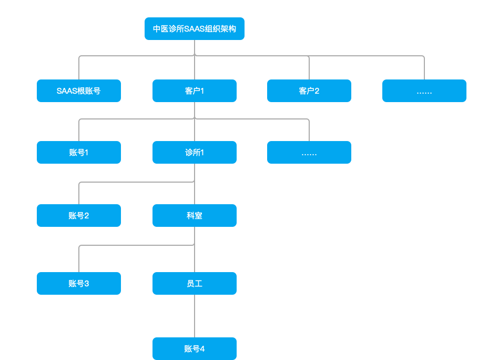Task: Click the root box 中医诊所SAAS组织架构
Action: click(195, 29)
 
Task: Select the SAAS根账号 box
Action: click(79, 91)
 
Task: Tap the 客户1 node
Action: click(195, 91)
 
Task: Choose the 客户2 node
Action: click(309, 91)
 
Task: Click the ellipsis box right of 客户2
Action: click(424, 91)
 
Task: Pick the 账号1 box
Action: click(79, 153)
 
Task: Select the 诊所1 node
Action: click(195, 153)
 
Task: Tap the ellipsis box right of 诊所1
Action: click(309, 153)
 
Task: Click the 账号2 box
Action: click(79, 216)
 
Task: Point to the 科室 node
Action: click(195, 216)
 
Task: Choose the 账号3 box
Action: click(79, 284)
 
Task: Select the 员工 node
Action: click(195, 284)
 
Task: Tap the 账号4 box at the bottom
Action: click(195, 349)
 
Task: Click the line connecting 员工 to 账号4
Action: click(195, 316)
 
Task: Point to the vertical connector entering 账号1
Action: click(79, 131)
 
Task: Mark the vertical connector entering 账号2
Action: click(79, 194)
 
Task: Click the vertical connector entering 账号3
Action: click(79, 259)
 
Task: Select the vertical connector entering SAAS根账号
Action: click(79, 68)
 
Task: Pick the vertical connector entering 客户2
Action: click(309, 68)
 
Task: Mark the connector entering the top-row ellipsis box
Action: click(424, 68)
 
